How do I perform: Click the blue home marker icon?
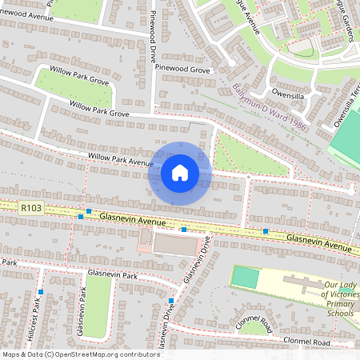pyautogui.click(x=180, y=173)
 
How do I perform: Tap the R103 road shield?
pyautogui.click(x=31, y=207)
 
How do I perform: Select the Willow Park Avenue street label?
pyautogui.click(x=120, y=160)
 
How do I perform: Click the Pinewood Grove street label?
pyautogui.click(x=182, y=70)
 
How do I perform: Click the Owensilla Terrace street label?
pyautogui.click(x=347, y=103)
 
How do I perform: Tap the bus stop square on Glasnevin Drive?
pyautogui.click(x=171, y=301)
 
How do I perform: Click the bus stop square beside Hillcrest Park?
pyautogui.click(x=40, y=293)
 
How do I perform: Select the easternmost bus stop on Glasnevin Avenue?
pyautogui.click(x=266, y=231)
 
